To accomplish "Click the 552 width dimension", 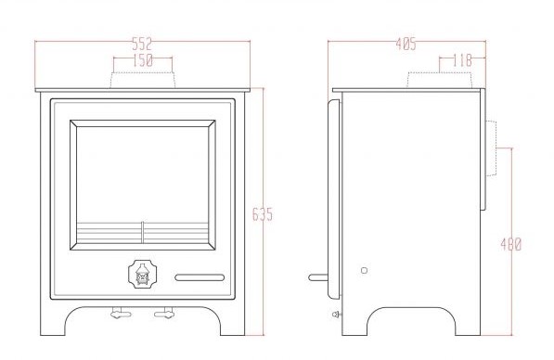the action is (x=142, y=44).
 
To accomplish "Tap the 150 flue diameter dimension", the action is (x=143, y=60).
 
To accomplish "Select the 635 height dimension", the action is (x=263, y=214).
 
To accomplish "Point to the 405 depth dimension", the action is (x=406, y=45).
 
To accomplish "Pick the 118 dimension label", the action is (x=462, y=60).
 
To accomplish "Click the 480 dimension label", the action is (x=511, y=244).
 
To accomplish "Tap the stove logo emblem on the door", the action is (x=142, y=274).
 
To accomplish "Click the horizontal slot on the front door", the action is (x=200, y=277).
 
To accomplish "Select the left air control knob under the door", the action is (x=121, y=313).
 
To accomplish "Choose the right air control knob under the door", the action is (x=164, y=313).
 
